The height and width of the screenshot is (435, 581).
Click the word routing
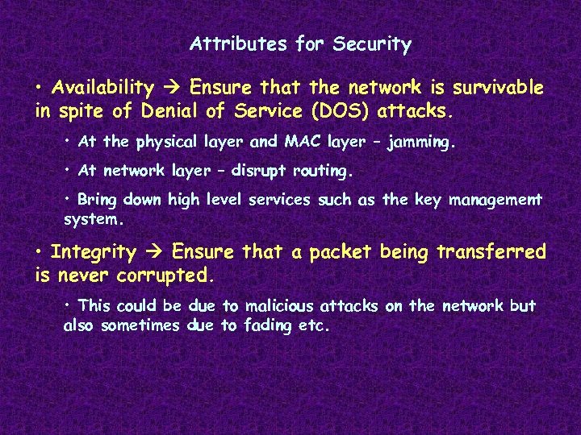320,172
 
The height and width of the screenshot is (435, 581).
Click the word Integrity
94,252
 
